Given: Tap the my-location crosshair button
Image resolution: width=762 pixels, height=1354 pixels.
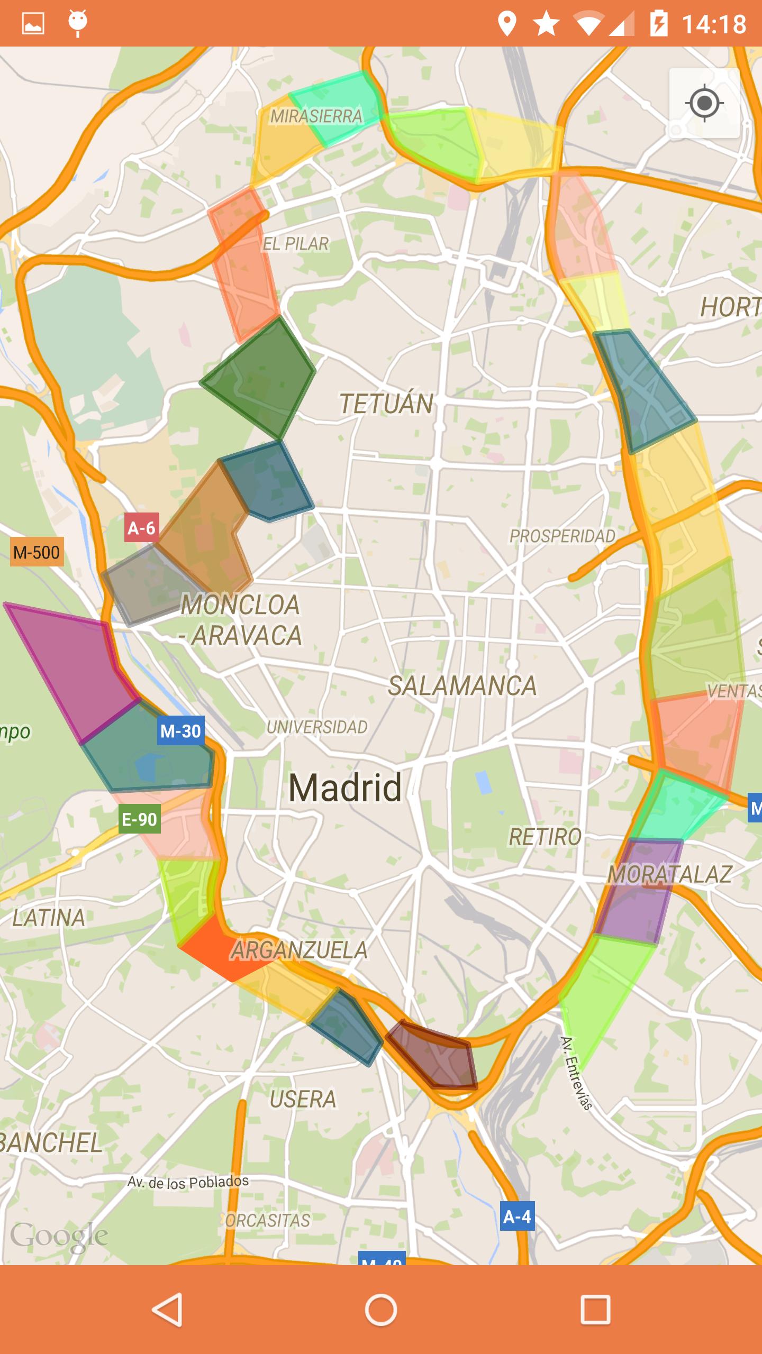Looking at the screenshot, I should pyautogui.click(x=704, y=103).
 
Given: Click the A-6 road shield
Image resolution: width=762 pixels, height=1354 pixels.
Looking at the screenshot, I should pyautogui.click(x=141, y=527).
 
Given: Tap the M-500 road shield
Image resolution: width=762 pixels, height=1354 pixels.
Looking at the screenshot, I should pyautogui.click(x=37, y=552).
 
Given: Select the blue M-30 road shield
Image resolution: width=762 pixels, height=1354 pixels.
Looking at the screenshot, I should pyautogui.click(x=180, y=731).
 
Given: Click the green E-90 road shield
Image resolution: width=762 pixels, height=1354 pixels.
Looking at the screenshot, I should pyautogui.click(x=139, y=819).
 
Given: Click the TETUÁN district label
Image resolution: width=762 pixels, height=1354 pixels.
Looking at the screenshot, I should pyautogui.click(x=386, y=404).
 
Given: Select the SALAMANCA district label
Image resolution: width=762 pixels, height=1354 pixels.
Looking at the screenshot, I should pyautogui.click(x=462, y=686).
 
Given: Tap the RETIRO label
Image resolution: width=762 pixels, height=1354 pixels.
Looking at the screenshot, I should pyautogui.click(x=545, y=837).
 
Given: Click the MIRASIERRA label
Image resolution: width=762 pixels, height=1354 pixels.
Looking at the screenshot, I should pyautogui.click(x=316, y=116).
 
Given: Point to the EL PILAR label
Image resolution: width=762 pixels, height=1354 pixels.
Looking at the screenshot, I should pyautogui.click(x=296, y=244).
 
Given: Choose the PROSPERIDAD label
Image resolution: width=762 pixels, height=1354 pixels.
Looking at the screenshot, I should pyautogui.click(x=562, y=536).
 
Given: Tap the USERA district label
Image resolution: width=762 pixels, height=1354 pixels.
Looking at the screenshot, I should pyautogui.click(x=303, y=1099).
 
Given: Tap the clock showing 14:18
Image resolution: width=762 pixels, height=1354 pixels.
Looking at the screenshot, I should pyautogui.click(x=714, y=24).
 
